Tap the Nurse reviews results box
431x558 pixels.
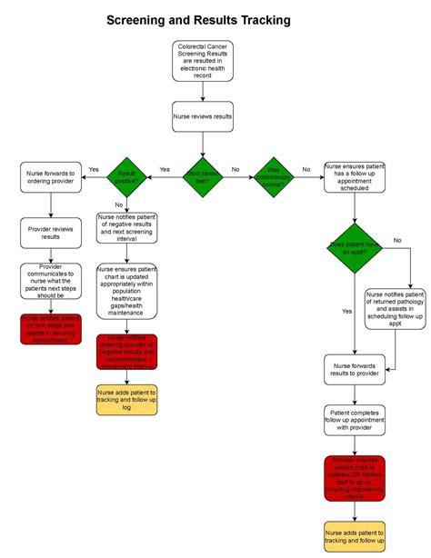203,116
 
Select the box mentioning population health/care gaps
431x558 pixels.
127,291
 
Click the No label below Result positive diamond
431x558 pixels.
118,204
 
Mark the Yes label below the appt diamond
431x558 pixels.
346,311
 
